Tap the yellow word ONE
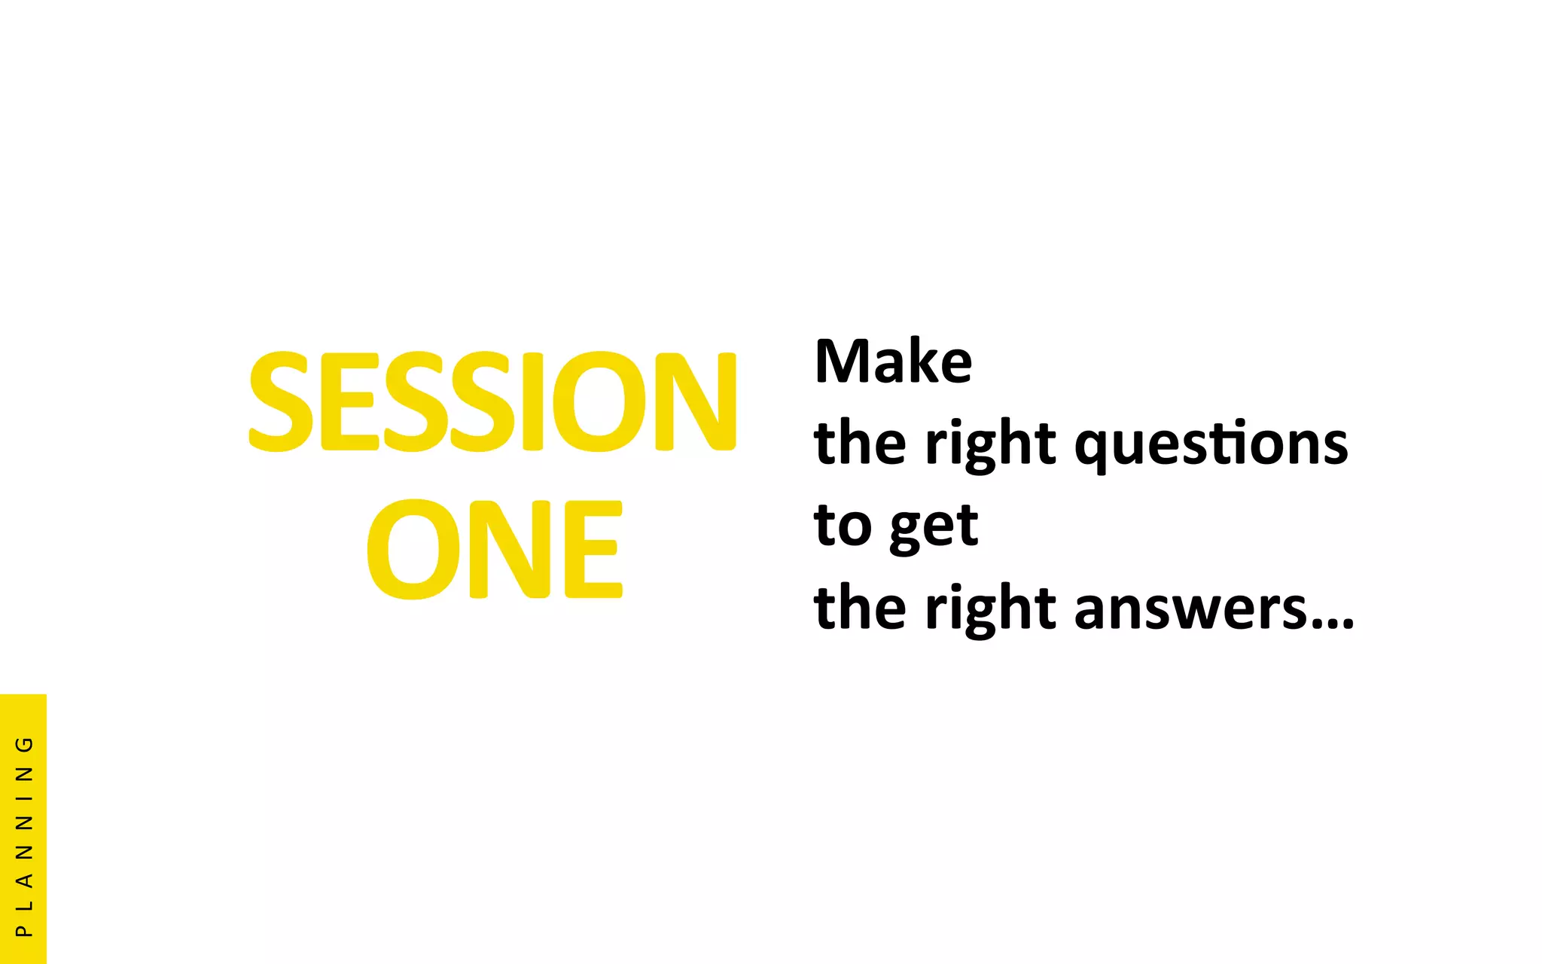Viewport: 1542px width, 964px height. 495,549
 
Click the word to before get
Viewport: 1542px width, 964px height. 843,525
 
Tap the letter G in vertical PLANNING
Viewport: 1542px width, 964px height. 24,744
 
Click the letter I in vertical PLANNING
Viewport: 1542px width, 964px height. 24,799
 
